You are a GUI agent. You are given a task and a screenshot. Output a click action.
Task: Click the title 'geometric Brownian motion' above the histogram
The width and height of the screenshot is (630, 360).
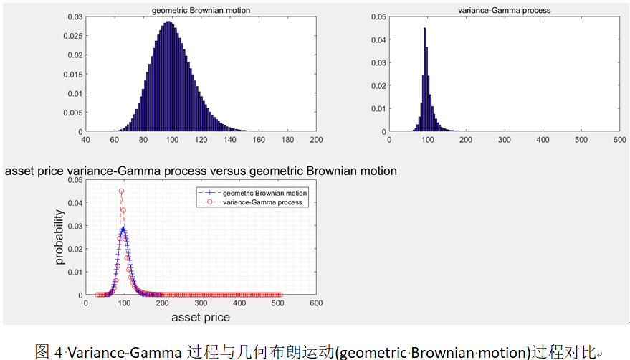click(201, 11)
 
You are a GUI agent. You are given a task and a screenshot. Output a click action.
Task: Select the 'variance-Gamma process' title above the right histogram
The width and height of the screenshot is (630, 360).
click(505, 11)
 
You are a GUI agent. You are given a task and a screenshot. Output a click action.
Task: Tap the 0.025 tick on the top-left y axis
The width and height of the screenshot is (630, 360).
click(72, 36)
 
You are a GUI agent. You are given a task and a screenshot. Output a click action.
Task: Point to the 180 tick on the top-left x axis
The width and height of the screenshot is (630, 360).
click(287, 140)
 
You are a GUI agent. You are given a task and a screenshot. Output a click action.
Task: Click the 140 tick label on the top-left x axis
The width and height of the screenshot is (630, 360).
click(230, 140)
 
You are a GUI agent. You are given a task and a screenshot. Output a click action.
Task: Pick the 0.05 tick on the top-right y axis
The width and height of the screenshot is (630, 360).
click(378, 17)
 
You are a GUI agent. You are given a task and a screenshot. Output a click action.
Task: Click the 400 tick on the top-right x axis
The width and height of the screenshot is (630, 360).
click(543, 140)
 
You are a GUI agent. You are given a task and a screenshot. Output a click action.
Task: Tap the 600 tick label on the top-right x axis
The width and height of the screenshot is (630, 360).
click(619, 140)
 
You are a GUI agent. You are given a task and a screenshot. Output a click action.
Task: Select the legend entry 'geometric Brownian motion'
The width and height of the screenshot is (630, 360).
click(264, 193)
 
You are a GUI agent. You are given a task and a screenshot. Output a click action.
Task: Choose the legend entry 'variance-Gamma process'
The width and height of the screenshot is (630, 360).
click(262, 202)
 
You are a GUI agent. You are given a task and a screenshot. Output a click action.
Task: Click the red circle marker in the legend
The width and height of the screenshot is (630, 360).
click(209, 202)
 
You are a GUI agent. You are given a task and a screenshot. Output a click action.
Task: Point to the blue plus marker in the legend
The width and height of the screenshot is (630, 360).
click(209, 193)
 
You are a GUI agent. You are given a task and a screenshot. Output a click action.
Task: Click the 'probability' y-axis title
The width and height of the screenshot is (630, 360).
click(59, 237)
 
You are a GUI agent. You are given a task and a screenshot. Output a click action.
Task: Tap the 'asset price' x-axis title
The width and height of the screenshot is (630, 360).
click(201, 318)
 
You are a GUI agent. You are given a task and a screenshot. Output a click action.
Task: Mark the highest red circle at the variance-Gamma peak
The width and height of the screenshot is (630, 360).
click(121, 191)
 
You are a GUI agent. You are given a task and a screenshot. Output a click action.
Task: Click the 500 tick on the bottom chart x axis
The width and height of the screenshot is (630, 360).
click(277, 303)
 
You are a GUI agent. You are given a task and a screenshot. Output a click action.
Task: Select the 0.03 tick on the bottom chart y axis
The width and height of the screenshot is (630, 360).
click(75, 226)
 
